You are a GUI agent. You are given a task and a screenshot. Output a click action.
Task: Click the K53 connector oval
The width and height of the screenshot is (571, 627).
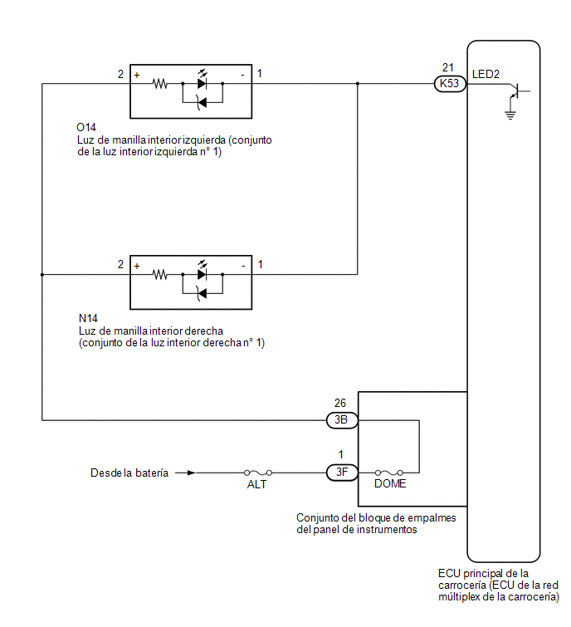tap(450, 84)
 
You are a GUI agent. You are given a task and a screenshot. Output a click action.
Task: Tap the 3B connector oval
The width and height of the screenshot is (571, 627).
tap(342, 420)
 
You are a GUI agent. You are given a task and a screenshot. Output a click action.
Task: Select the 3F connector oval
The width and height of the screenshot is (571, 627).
tap(342, 473)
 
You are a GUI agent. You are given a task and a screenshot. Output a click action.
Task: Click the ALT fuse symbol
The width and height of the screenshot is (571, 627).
tap(258, 473)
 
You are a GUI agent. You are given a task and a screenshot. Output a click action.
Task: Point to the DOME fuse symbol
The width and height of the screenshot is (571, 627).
tap(388, 473)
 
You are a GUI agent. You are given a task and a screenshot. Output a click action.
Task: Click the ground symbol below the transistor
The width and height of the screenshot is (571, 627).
tap(510, 115)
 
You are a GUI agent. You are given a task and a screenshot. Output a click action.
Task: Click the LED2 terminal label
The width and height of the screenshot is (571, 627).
tap(486, 75)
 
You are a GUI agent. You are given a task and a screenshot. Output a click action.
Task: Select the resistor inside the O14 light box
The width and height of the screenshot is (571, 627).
tap(160, 84)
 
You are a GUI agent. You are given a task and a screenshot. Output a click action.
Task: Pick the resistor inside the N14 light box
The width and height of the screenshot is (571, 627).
tap(160, 275)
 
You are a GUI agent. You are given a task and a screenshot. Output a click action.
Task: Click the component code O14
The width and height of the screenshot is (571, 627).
tap(86, 128)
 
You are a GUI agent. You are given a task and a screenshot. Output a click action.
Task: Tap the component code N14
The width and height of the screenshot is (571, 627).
tap(88, 318)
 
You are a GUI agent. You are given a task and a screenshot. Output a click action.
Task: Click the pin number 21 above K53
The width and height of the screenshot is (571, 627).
tap(448, 67)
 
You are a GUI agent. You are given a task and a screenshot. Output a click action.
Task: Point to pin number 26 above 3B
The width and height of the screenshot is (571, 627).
tap(340, 403)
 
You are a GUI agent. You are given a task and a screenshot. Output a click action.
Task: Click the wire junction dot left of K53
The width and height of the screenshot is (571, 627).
tap(357, 84)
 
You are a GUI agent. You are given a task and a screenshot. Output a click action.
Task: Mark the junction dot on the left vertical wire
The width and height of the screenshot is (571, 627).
tap(42, 275)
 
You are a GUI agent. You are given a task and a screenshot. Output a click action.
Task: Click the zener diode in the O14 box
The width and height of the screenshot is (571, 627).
tap(203, 103)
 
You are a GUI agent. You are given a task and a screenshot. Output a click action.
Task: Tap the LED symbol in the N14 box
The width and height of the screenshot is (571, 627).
tap(203, 272)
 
